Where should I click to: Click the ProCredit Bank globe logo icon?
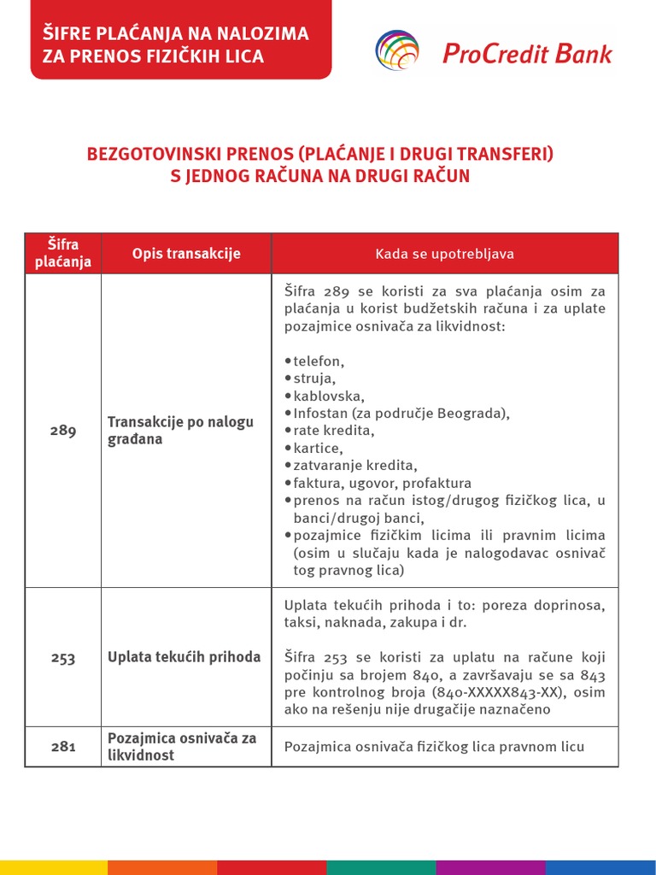pos(398,50)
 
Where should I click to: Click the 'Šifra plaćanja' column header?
pos(62,254)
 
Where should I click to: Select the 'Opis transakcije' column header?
pos(186,254)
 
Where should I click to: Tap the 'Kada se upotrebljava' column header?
pos(444,254)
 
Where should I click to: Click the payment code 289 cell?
pos(62,431)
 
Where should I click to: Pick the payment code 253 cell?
pos(62,658)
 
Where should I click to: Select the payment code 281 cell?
pos(62,747)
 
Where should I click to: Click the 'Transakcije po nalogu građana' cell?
pos(180,431)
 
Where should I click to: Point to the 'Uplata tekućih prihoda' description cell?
pos(184,657)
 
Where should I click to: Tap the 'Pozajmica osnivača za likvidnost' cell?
pos(181,747)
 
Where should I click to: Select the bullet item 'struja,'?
pos(313,379)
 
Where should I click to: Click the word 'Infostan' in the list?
pos(319,414)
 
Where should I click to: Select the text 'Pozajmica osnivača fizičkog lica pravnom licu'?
pos(434,747)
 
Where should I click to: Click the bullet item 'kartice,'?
pos(317,449)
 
